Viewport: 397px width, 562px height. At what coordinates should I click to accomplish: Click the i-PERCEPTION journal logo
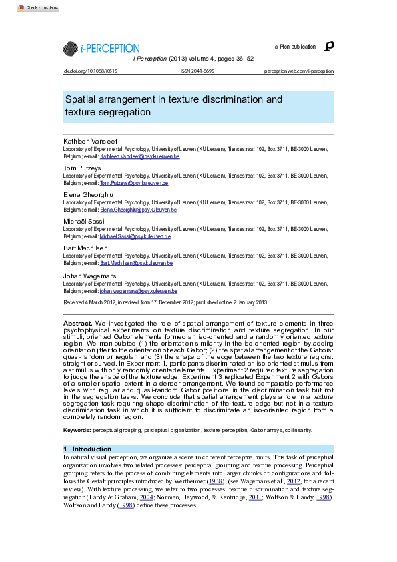(x=101, y=48)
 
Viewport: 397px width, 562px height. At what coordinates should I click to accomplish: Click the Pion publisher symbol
(x=328, y=46)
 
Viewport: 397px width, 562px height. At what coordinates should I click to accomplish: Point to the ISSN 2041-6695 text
(x=197, y=70)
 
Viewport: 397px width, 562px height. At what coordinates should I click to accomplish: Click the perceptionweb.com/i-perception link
(x=299, y=70)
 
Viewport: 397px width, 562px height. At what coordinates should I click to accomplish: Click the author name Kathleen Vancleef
(x=90, y=142)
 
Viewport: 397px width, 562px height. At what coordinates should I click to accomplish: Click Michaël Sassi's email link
(x=135, y=236)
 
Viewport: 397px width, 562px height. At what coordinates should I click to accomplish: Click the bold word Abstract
(x=78, y=323)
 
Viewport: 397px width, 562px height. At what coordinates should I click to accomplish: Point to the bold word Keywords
(x=77, y=430)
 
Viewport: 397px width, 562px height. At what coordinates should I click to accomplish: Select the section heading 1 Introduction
(x=88, y=449)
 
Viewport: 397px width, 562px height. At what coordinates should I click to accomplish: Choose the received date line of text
(x=166, y=302)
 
